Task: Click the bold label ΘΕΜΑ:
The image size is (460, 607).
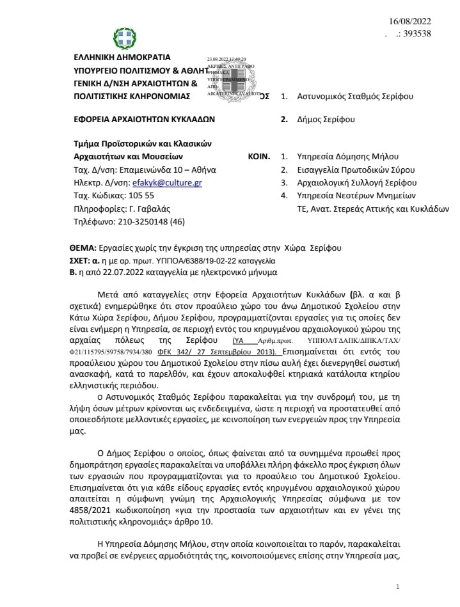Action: pos(83,248)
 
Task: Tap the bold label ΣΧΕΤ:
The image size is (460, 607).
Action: pos(83,261)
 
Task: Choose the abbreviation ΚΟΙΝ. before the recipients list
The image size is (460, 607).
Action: pos(259,156)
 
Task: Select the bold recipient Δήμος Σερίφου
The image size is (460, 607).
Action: pos(330,119)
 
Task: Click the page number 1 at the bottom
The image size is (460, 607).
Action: pos(398,587)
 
